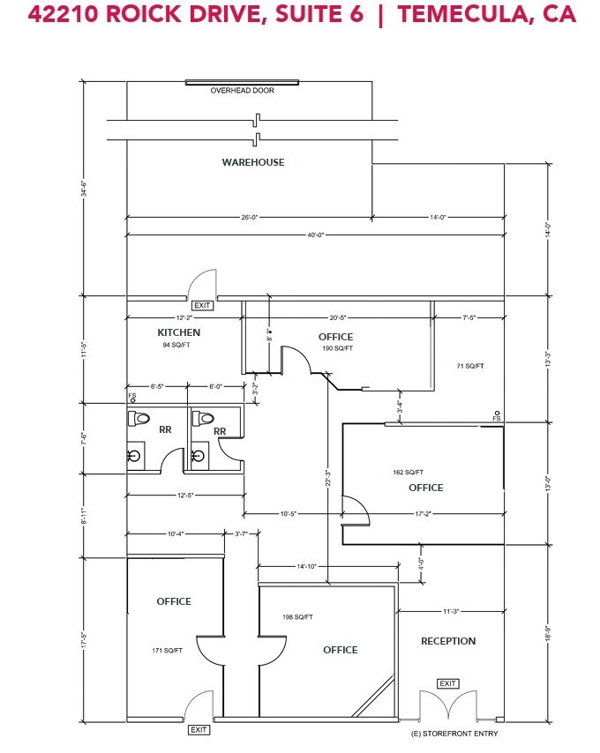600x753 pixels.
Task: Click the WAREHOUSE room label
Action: point(252,162)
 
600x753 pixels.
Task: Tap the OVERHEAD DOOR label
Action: point(242,91)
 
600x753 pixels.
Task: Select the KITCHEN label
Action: point(179,332)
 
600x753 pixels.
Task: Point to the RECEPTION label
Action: point(448,641)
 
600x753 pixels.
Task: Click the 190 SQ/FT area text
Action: point(337,348)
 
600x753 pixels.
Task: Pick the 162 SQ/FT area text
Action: point(408,472)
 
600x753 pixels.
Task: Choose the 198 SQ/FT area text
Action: point(297,616)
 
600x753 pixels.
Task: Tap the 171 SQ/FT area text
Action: point(167,651)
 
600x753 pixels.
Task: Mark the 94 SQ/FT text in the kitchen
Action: point(177,346)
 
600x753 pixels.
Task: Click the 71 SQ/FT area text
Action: point(470,365)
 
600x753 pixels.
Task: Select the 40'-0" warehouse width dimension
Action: point(316,234)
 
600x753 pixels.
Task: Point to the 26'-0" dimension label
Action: point(249,217)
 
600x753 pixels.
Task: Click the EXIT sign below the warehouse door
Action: point(202,305)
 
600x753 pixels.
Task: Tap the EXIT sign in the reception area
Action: point(448,683)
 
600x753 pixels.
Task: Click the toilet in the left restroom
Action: point(138,418)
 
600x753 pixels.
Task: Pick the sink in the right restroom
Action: point(198,456)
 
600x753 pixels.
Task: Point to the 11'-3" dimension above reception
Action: point(452,609)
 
